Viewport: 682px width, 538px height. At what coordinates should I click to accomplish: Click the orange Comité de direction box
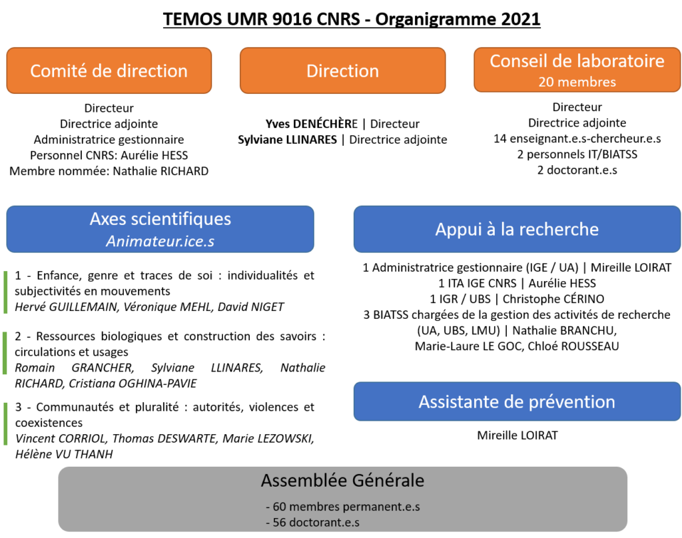click(x=109, y=71)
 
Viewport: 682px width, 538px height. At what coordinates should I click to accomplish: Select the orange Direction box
click(x=343, y=71)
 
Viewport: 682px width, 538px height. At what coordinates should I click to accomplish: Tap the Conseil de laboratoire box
click(x=577, y=70)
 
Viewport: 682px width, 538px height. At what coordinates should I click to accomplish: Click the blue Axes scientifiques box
click(x=160, y=229)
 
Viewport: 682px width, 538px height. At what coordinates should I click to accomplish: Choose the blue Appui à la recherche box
click(x=517, y=229)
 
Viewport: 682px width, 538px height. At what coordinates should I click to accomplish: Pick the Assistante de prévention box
click(x=517, y=402)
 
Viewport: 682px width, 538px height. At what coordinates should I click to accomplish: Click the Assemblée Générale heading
click(x=343, y=481)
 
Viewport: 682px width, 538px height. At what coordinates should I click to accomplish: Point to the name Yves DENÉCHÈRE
click(x=312, y=124)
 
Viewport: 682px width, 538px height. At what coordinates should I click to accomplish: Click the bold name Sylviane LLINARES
click(x=287, y=140)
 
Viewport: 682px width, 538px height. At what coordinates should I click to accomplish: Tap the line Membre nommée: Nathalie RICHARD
click(x=109, y=171)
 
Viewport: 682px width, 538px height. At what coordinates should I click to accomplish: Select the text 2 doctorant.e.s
click(x=577, y=170)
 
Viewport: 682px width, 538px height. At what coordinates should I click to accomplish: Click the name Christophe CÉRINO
click(x=553, y=299)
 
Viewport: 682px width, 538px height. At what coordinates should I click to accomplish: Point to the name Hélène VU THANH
click(x=64, y=454)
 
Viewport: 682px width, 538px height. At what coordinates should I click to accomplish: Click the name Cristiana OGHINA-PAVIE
click(x=133, y=383)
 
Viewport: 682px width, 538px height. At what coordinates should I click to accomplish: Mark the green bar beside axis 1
click(x=5, y=292)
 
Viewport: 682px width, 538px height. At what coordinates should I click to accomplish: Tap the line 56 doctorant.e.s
click(x=313, y=522)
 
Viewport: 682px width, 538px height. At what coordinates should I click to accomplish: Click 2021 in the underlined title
click(x=521, y=19)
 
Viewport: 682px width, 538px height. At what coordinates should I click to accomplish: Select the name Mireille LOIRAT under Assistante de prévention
click(x=517, y=435)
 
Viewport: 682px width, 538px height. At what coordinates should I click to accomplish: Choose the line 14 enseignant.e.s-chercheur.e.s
click(x=577, y=138)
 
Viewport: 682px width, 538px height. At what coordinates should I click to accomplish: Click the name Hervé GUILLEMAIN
click(x=66, y=307)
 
